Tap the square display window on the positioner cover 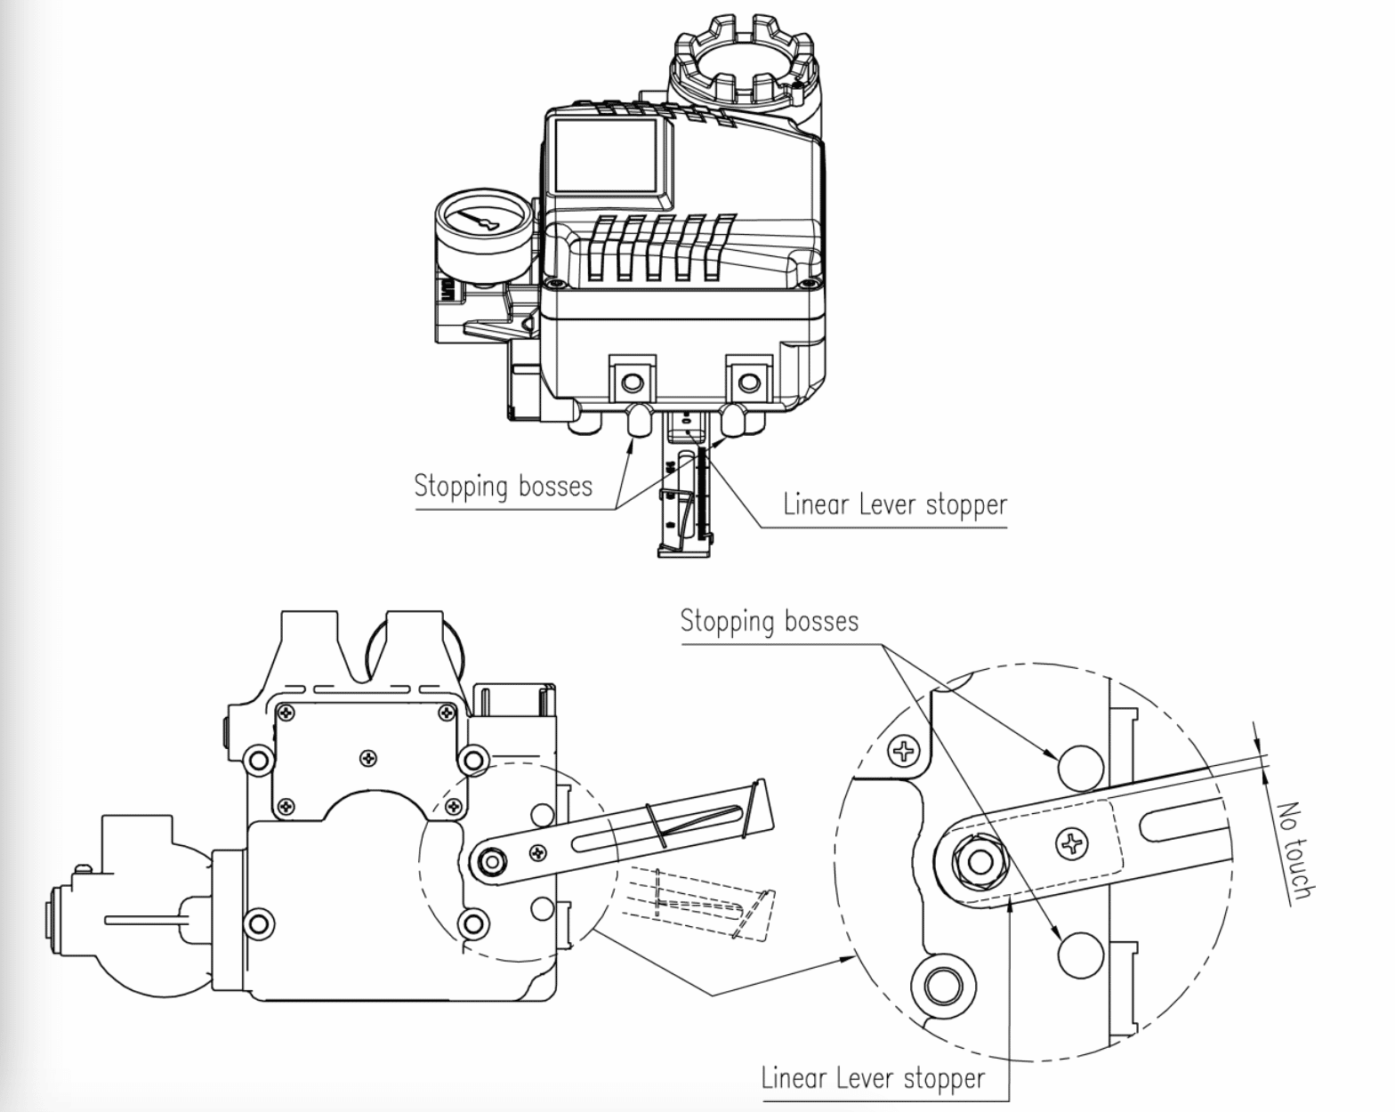[605, 156]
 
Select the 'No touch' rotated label [1294, 850]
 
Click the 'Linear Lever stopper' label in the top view [894, 504]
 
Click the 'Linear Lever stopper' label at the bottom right [873, 1079]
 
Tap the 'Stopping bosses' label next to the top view [503, 486]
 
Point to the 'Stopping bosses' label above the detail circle [770, 620]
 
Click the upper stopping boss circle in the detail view [1080, 766]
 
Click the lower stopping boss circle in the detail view [1080, 955]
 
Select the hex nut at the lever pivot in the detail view [979, 861]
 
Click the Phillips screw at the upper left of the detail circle [905, 753]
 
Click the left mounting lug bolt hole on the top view [633, 383]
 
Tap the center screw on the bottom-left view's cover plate [369, 758]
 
